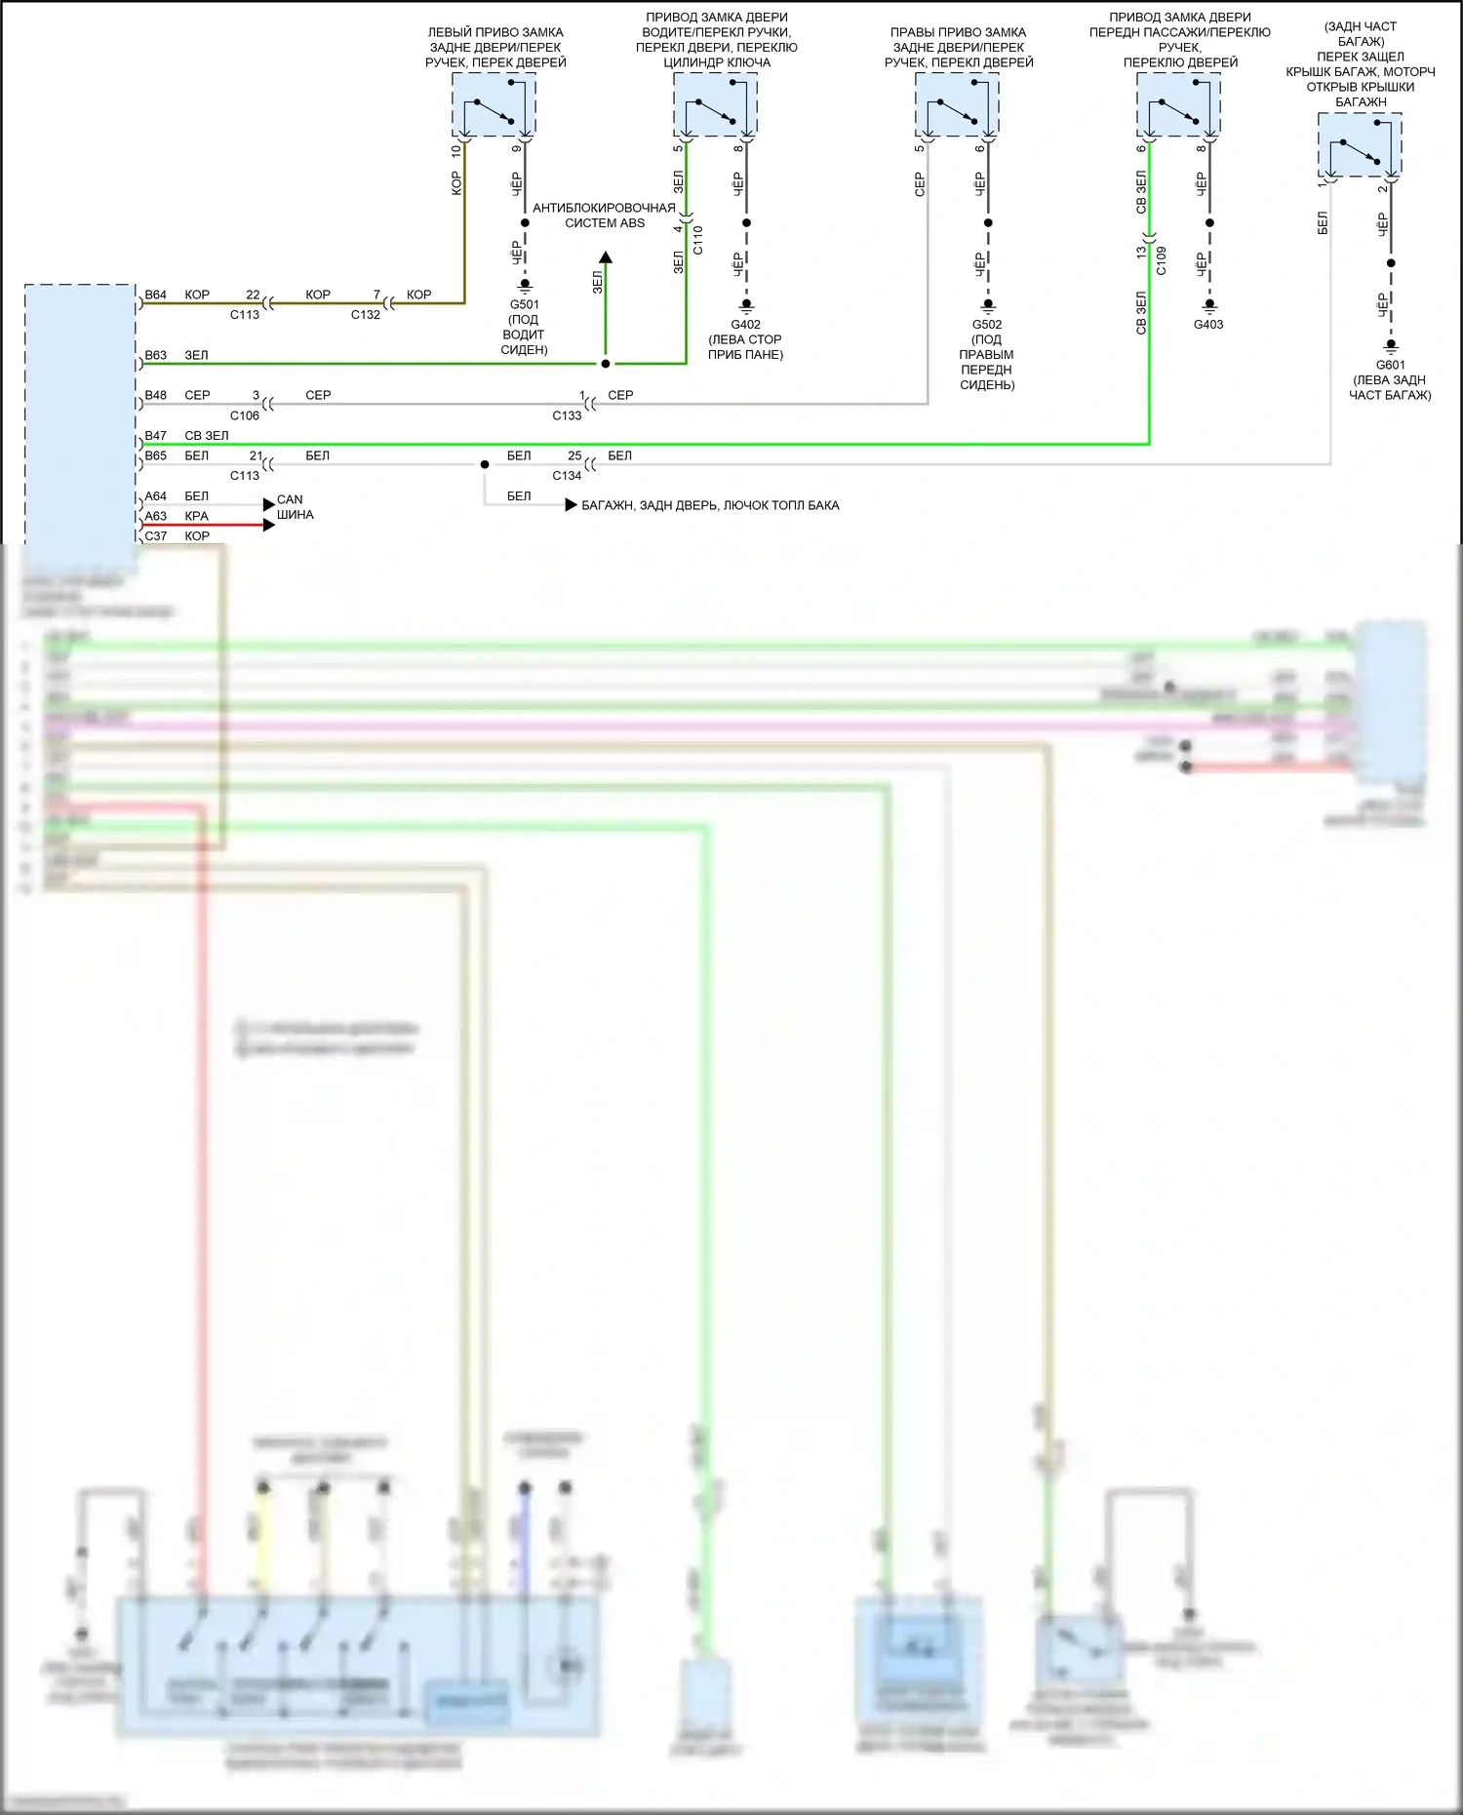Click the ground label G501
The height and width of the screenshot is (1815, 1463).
pyautogui.click(x=524, y=304)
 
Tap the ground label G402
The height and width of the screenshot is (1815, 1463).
pyautogui.click(x=745, y=325)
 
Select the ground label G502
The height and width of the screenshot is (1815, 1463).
pyautogui.click(x=987, y=325)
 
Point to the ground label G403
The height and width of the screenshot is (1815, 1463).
pyautogui.click(x=1208, y=325)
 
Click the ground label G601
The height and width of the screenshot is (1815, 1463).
pyautogui.click(x=1390, y=366)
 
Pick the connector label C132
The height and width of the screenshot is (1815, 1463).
pyautogui.click(x=366, y=315)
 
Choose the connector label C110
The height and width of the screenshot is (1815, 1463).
pyautogui.click(x=698, y=240)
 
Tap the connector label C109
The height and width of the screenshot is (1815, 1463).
pyautogui.click(x=1162, y=260)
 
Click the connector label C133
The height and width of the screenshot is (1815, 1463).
pyautogui.click(x=567, y=415)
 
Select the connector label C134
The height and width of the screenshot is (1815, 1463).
pyautogui.click(x=567, y=476)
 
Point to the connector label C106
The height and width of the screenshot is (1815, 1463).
pyautogui.click(x=245, y=415)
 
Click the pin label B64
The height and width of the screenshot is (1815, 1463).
pyautogui.click(x=156, y=295)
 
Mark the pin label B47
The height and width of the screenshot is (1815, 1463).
pyautogui.click(x=156, y=436)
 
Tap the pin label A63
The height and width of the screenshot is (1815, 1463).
pyautogui.click(x=156, y=516)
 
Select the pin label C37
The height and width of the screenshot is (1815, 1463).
pyautogui.click(x=156, y=536)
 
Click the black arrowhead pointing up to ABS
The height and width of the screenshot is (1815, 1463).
pyautogui.click(x=606, y=257)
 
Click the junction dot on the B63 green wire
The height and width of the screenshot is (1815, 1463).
pyautogui.click(x=606, y=364)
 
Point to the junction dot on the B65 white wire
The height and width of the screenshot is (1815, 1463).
pyautogui.click(x=485, y=464)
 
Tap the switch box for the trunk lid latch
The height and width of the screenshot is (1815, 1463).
pyautogui.click(x=1360, y=145)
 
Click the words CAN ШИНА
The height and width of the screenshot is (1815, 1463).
pyautogui.click(x=295, y=507)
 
